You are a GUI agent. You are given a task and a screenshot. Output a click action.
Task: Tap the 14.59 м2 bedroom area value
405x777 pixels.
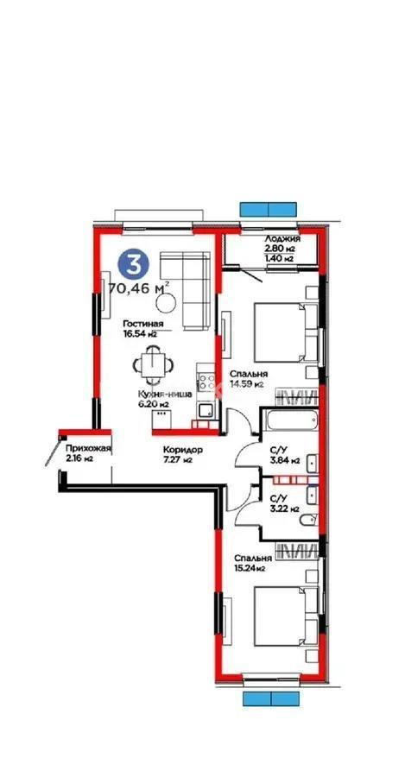[x=246, y=386]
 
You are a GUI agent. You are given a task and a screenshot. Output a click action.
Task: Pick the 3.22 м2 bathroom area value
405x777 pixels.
[x=283, y=509]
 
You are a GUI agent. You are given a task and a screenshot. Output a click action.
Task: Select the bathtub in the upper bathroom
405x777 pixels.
[x=290, y=424]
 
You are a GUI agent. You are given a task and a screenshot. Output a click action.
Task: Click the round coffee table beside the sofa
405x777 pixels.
[x=169, y=301]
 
